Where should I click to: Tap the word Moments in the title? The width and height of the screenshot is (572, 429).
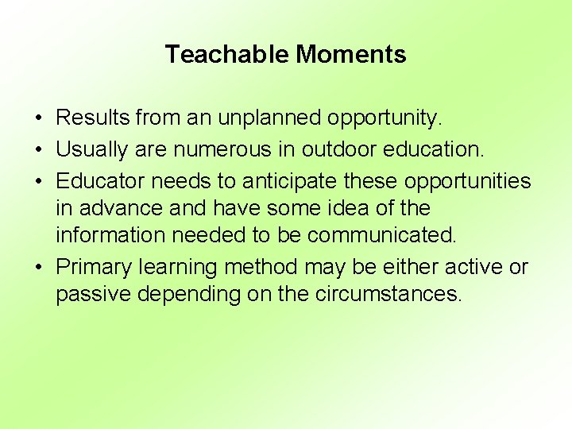[351, 55]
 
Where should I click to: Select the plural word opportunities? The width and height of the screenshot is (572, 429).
[467, 182]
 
